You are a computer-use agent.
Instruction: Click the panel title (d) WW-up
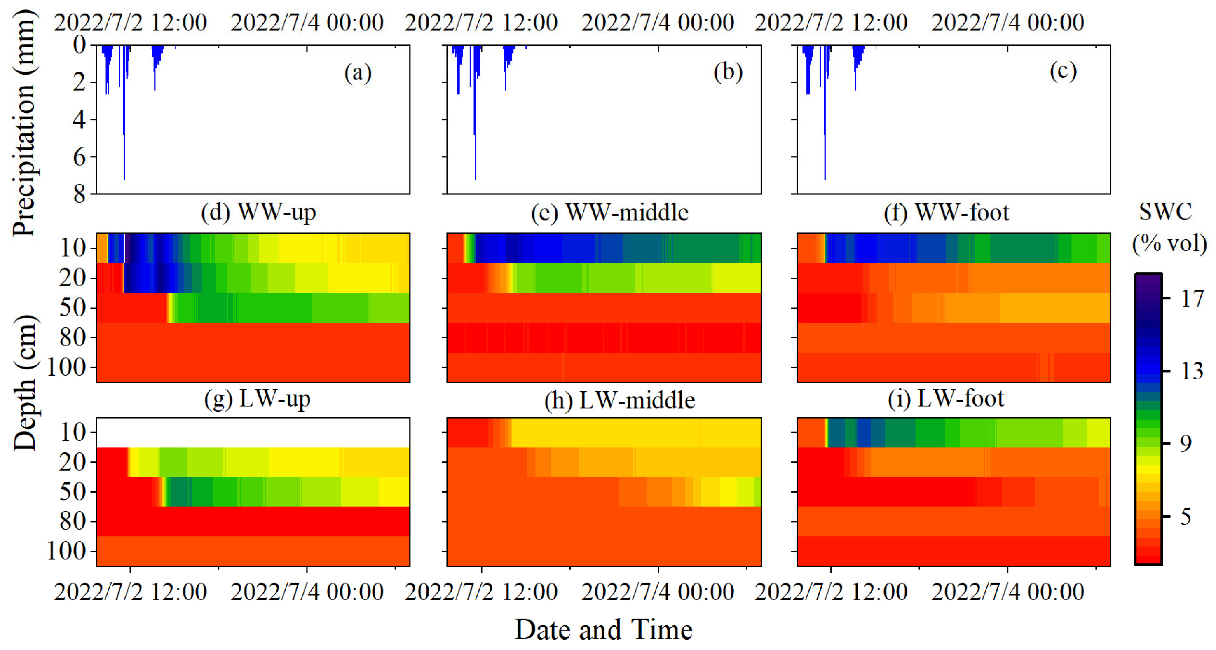coord(258,212)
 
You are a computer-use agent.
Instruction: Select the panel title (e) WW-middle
coord(609,213)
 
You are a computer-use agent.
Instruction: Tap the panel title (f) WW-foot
coord(947,213)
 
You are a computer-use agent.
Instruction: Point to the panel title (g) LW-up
coord(257,399)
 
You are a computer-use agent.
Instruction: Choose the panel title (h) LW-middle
coord(619,401)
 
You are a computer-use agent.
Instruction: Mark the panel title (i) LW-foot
coord(946,399)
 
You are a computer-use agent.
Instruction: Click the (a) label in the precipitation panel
coord(358,73)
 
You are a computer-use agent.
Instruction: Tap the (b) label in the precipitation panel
coord(728,72)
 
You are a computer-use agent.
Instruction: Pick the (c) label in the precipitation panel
coord(1063,71)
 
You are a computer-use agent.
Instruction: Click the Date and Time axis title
coord(603,630)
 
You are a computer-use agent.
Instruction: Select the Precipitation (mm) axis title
coord(23,123)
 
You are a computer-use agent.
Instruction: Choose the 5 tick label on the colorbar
coord(1186,517)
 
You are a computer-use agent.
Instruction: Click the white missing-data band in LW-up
coord(253,433)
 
